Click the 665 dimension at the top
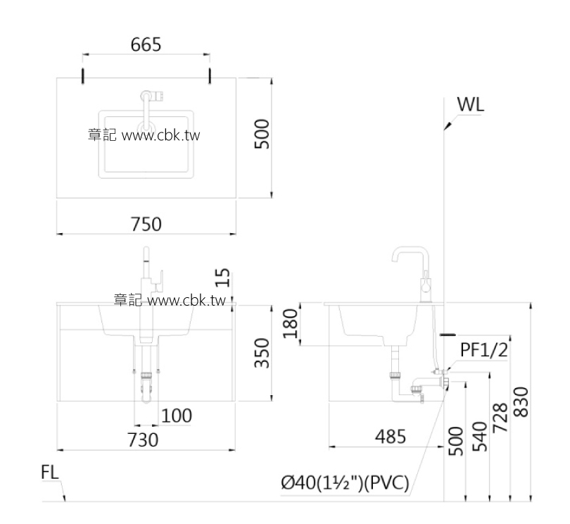(146, 44)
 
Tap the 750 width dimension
(146, 224)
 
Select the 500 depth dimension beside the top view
(261, 133)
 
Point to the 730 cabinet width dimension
(142, 439)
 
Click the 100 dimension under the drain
(176, 416)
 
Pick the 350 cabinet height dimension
(261, 353)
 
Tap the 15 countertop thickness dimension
(223, 277)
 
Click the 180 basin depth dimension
(291, 324)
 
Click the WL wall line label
(470, 104)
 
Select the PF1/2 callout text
(484, 349)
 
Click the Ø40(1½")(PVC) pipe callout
(345, 484)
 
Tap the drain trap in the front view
(146, 387)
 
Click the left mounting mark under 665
(83, 75)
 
